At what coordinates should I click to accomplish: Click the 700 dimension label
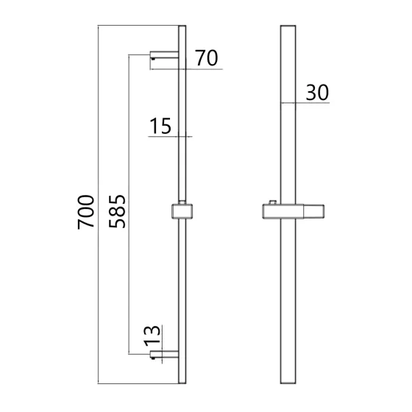click(86, 212)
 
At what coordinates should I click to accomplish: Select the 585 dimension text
click(117, 211)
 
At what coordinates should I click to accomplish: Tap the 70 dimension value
click(207, 58)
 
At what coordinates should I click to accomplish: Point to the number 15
click(160, 126)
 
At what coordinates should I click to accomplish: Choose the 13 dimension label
click(152, 335)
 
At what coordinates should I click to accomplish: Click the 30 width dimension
click(317, 92)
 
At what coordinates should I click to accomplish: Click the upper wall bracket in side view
click(164, 55)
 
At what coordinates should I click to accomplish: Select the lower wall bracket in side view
click(164, 355)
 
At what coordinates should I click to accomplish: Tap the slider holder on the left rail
click(182, 211)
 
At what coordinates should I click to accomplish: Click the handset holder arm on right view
click(313, 212)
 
